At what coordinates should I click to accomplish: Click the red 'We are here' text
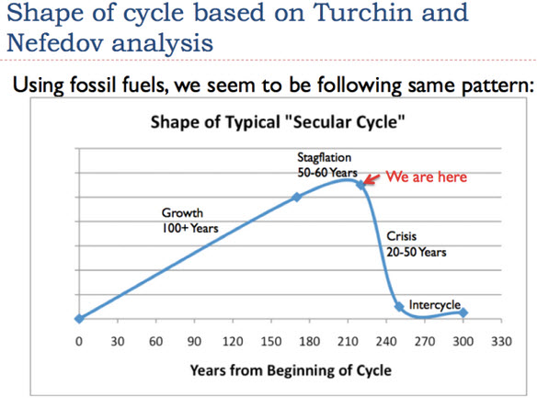coord(427,176)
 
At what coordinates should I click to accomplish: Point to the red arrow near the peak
coord(371,179)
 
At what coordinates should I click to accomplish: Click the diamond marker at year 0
coord(79,319)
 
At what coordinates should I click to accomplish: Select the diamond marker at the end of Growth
coord(297,197)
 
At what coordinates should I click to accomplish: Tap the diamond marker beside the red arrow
coord(360,185)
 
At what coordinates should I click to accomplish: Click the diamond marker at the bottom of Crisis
coord(399,306)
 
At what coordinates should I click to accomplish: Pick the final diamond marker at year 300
coord(463,313)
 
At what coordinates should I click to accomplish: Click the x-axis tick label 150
coord(271,342)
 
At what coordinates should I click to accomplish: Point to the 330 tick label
coord(501,342)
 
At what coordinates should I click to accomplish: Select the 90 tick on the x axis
coord(194,342)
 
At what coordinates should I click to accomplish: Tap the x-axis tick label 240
coord(386,342)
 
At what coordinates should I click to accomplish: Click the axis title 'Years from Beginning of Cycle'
coord(291,370)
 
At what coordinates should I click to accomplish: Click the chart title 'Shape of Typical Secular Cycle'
coord(278,122)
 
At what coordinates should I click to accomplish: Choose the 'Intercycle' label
coord(435,304)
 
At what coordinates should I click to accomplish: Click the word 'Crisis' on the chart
coord(402,236)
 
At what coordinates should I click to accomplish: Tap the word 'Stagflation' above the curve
coord(325,157)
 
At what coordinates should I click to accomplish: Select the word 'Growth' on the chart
coord(182,213)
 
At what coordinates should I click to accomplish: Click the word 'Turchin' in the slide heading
coord(362,13)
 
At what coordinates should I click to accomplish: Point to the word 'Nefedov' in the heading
coord(55,43)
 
